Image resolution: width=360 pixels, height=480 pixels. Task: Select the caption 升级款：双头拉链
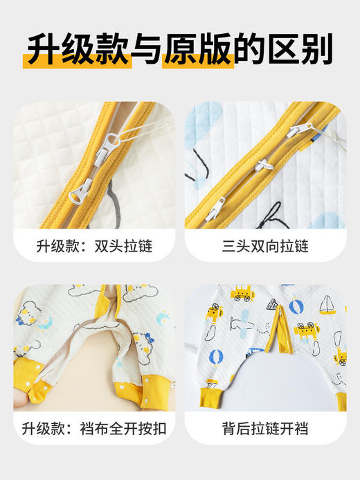(94, 245)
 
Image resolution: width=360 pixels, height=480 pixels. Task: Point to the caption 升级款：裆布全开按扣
(94, 428)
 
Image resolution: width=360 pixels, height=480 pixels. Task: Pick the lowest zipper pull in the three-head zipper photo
(217, 204)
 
